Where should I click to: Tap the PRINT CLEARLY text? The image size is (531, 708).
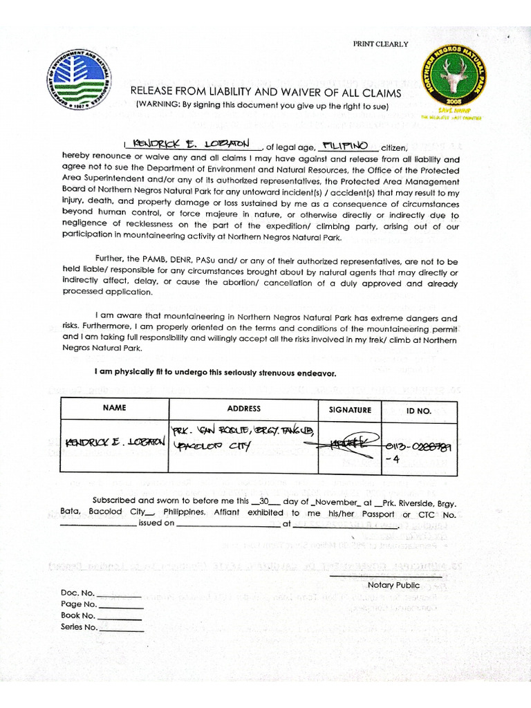pos(380,44)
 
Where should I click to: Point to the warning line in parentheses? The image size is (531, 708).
pos(262,106)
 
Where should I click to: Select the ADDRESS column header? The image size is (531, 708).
pos(243,409)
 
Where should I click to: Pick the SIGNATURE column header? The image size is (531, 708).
pos(350,410)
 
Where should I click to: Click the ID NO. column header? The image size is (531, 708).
pos(418,411)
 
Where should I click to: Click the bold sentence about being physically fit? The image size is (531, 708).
pos(215,373)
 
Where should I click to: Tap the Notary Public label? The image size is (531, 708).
pos(393,585)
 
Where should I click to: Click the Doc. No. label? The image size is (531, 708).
pos(77,593)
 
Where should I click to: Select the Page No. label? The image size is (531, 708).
pos(79,604)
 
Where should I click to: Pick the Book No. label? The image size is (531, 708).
pos(78,615)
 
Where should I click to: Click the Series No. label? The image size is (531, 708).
pos(80,627)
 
